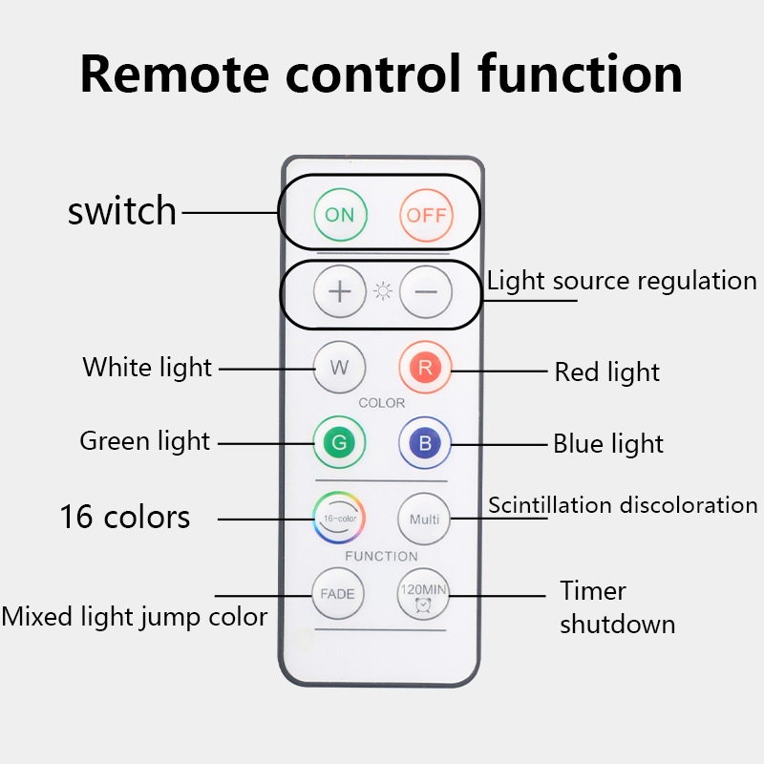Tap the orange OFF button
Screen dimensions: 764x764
426,215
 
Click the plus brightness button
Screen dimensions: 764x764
340,291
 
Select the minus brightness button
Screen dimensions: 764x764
425,291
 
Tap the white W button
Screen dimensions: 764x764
340,367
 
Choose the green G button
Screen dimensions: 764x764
340,442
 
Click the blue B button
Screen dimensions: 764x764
425,442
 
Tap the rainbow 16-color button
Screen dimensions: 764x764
340,519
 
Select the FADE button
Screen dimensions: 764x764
338,594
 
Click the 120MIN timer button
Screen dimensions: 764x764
423,594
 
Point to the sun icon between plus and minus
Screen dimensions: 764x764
383,292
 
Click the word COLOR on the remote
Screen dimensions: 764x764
382,403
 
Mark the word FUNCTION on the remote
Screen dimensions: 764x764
382,556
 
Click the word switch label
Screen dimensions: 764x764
122,211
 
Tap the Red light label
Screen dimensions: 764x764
607,371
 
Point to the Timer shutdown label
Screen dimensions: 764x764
617,607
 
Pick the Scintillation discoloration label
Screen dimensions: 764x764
623,505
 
